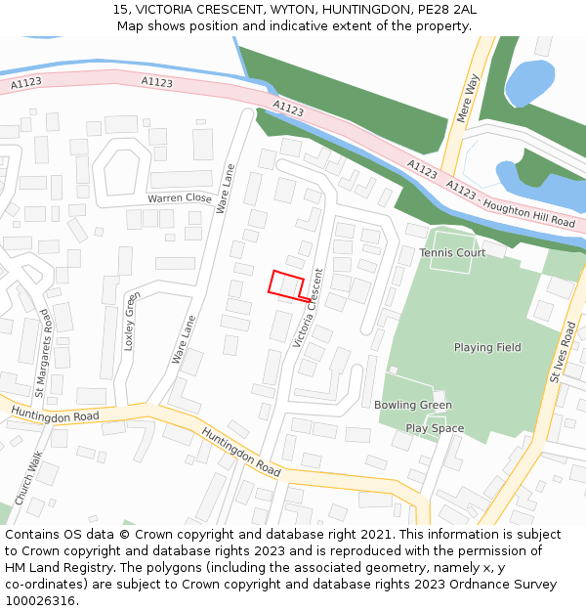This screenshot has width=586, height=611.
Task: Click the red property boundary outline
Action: pyautogui.click(x=285, y=284)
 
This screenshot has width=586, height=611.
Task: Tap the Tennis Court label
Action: pyautogui.click(x=452, y=253)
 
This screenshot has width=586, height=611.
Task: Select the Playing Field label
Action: pyautogui.click(x=487, y=347)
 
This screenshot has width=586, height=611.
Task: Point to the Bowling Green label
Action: pyautogui.click(x=413, y=405)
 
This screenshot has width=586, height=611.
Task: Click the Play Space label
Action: pyautogui.click(x=435, y=428)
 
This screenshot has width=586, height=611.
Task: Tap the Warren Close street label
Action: pyautogui.click(x=180, y=198)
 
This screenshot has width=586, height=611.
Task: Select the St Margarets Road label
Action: pyautogui.click(x=42, y=353)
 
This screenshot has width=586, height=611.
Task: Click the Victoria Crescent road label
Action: pyautogui.click(x=307, y=307)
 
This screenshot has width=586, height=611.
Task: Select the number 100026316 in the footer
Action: pyautogui.click(x=40, y=600)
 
